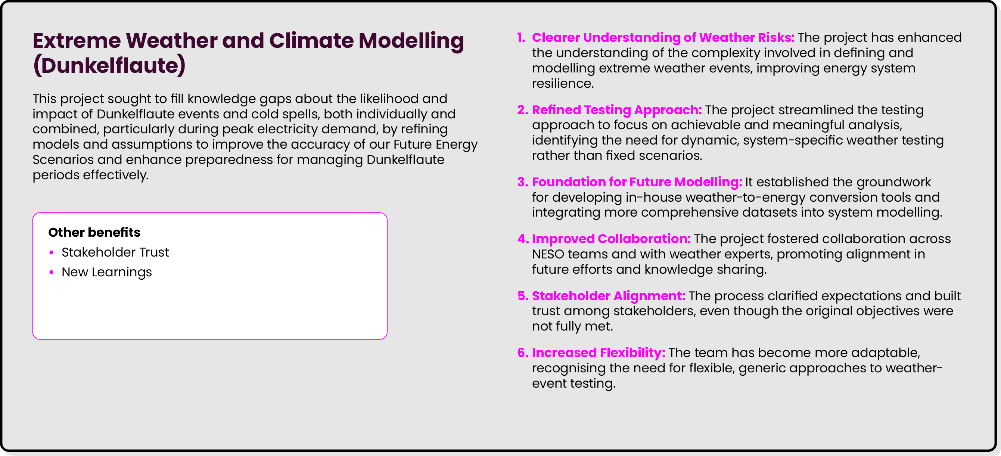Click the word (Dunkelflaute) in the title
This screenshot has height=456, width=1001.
point(109,65)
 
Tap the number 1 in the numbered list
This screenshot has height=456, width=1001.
point(521,38)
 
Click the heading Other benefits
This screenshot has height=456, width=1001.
point(94,232)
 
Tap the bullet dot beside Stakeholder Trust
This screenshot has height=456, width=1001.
point(51,253)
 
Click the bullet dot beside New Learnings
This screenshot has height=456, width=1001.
point(51,273)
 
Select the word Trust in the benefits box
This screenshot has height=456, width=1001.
point(154,252)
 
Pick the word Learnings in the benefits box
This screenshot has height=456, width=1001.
point(122,273)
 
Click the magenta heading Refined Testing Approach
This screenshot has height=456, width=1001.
point(617,110)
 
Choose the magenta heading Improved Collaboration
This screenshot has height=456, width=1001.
point(611,239)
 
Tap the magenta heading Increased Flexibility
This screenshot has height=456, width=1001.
point(599,353)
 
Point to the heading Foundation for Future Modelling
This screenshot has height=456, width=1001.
point(637,182)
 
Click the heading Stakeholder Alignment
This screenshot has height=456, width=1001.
point(609,296)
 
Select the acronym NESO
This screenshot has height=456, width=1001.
point(547,254)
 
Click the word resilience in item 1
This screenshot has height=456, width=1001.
point(562,84)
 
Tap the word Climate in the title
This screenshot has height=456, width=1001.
point(311,40)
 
